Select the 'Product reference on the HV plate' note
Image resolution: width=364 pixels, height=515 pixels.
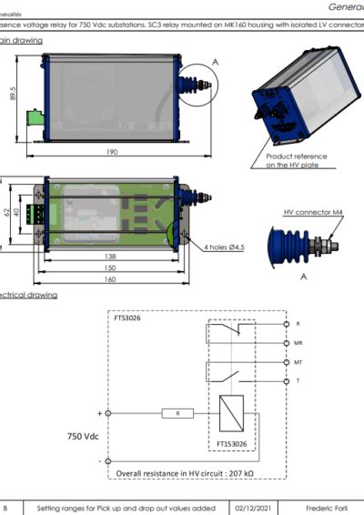(288, 161)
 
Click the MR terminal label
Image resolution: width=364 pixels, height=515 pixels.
(298, 342)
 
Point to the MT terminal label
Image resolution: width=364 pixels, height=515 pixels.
(298, 361)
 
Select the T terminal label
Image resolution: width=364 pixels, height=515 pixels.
(298, 380)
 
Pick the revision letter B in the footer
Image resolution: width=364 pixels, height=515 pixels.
(7, 507)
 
